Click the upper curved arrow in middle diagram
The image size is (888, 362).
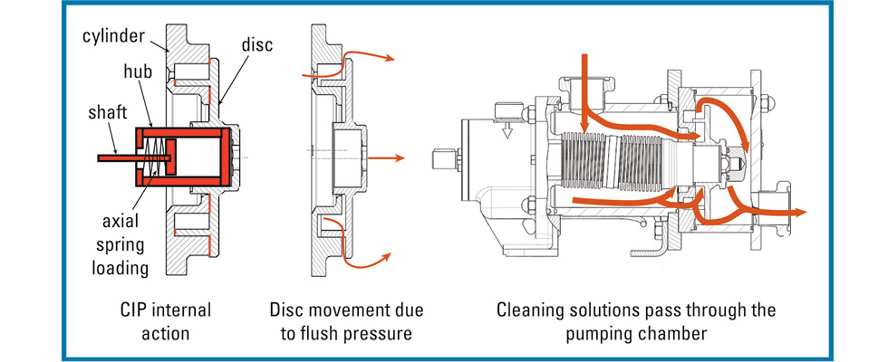pyautogui.click(x=362, y=56)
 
